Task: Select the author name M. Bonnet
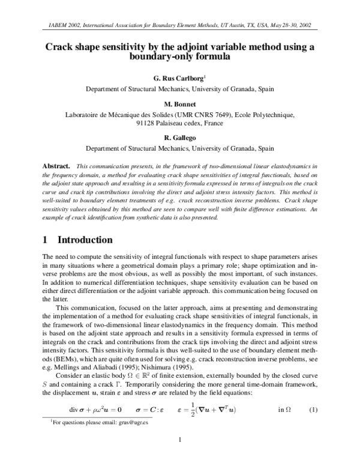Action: [x=180, y=103]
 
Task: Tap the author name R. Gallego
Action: [x=180, y=138]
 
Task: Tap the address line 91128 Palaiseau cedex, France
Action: [x=180, y=123]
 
